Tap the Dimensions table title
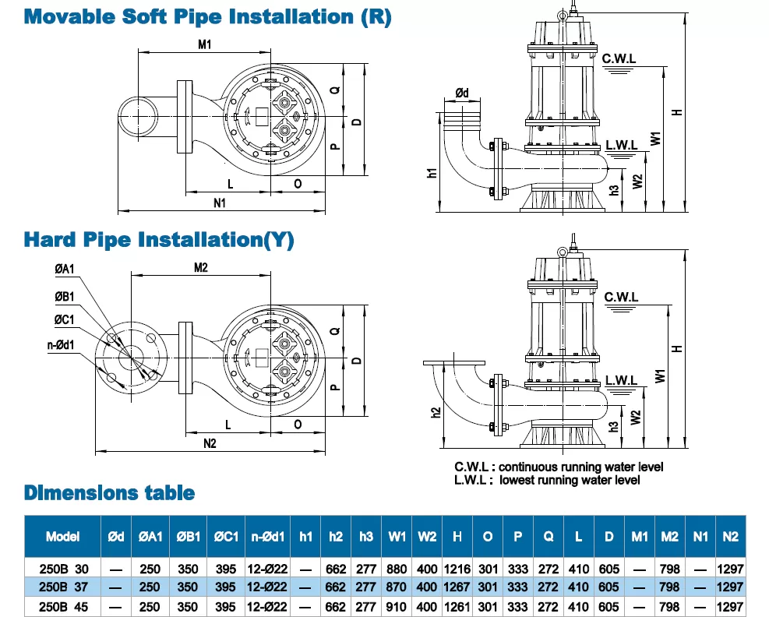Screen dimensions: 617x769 point(110,492)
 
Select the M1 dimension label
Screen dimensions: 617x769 point(204,44)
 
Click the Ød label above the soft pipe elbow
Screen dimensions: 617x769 point(462,94)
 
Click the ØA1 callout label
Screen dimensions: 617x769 point(65,270)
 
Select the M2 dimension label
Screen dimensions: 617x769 point(200,267)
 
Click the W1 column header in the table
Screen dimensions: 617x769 point(397,537)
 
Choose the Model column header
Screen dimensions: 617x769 point(63,537)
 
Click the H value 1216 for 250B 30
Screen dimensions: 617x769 point(457,569)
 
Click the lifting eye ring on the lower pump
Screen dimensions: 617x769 point(561,251)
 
